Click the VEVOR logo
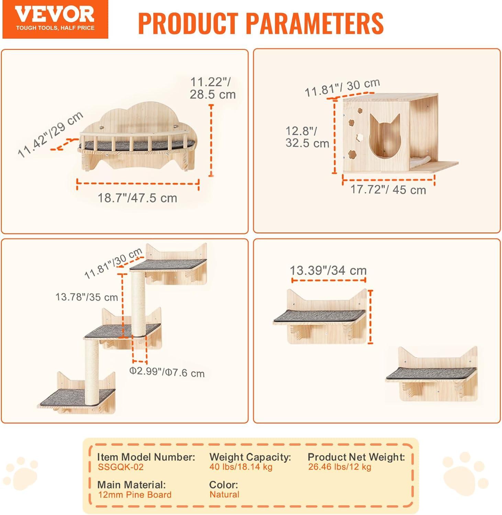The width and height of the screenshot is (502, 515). pyautogui.click(x=55, y=19)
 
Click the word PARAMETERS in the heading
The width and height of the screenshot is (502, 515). pyautogui.click(x=315, y=23)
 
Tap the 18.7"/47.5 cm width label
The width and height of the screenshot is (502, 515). pyautogui.click(x=137, y=198)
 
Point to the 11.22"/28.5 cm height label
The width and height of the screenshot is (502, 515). pyautogui.click(x=213, y=88)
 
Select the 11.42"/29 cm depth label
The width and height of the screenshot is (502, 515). pyautogui.click(x=51, y=134)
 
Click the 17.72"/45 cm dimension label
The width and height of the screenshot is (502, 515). pyautogui.click(x=388, y=190)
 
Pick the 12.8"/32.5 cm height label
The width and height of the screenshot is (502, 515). pyautogui.click(x=307, y=137)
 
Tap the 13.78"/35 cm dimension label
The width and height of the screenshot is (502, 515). pyautogui.click(x=87, y=297)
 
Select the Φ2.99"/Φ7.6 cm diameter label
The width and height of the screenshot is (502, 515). pyautogui.click(x=167, y=372)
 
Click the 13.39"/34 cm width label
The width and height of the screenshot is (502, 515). pyautogui.click(x=328, y=270)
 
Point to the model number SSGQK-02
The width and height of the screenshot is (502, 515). pyautogui.click(x=121, y=467)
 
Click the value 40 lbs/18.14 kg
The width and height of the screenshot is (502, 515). pyautogui.click(x=241, y=467)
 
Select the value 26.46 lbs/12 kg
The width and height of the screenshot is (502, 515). pyautogui.click(x=339, y=467)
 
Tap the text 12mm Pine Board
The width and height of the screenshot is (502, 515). pyautogui.click(x=135, y=495)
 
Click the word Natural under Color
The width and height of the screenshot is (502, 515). pyautogui.click(x=224, y=495)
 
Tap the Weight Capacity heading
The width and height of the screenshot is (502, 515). pyautogui.click(x=250, y=457)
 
